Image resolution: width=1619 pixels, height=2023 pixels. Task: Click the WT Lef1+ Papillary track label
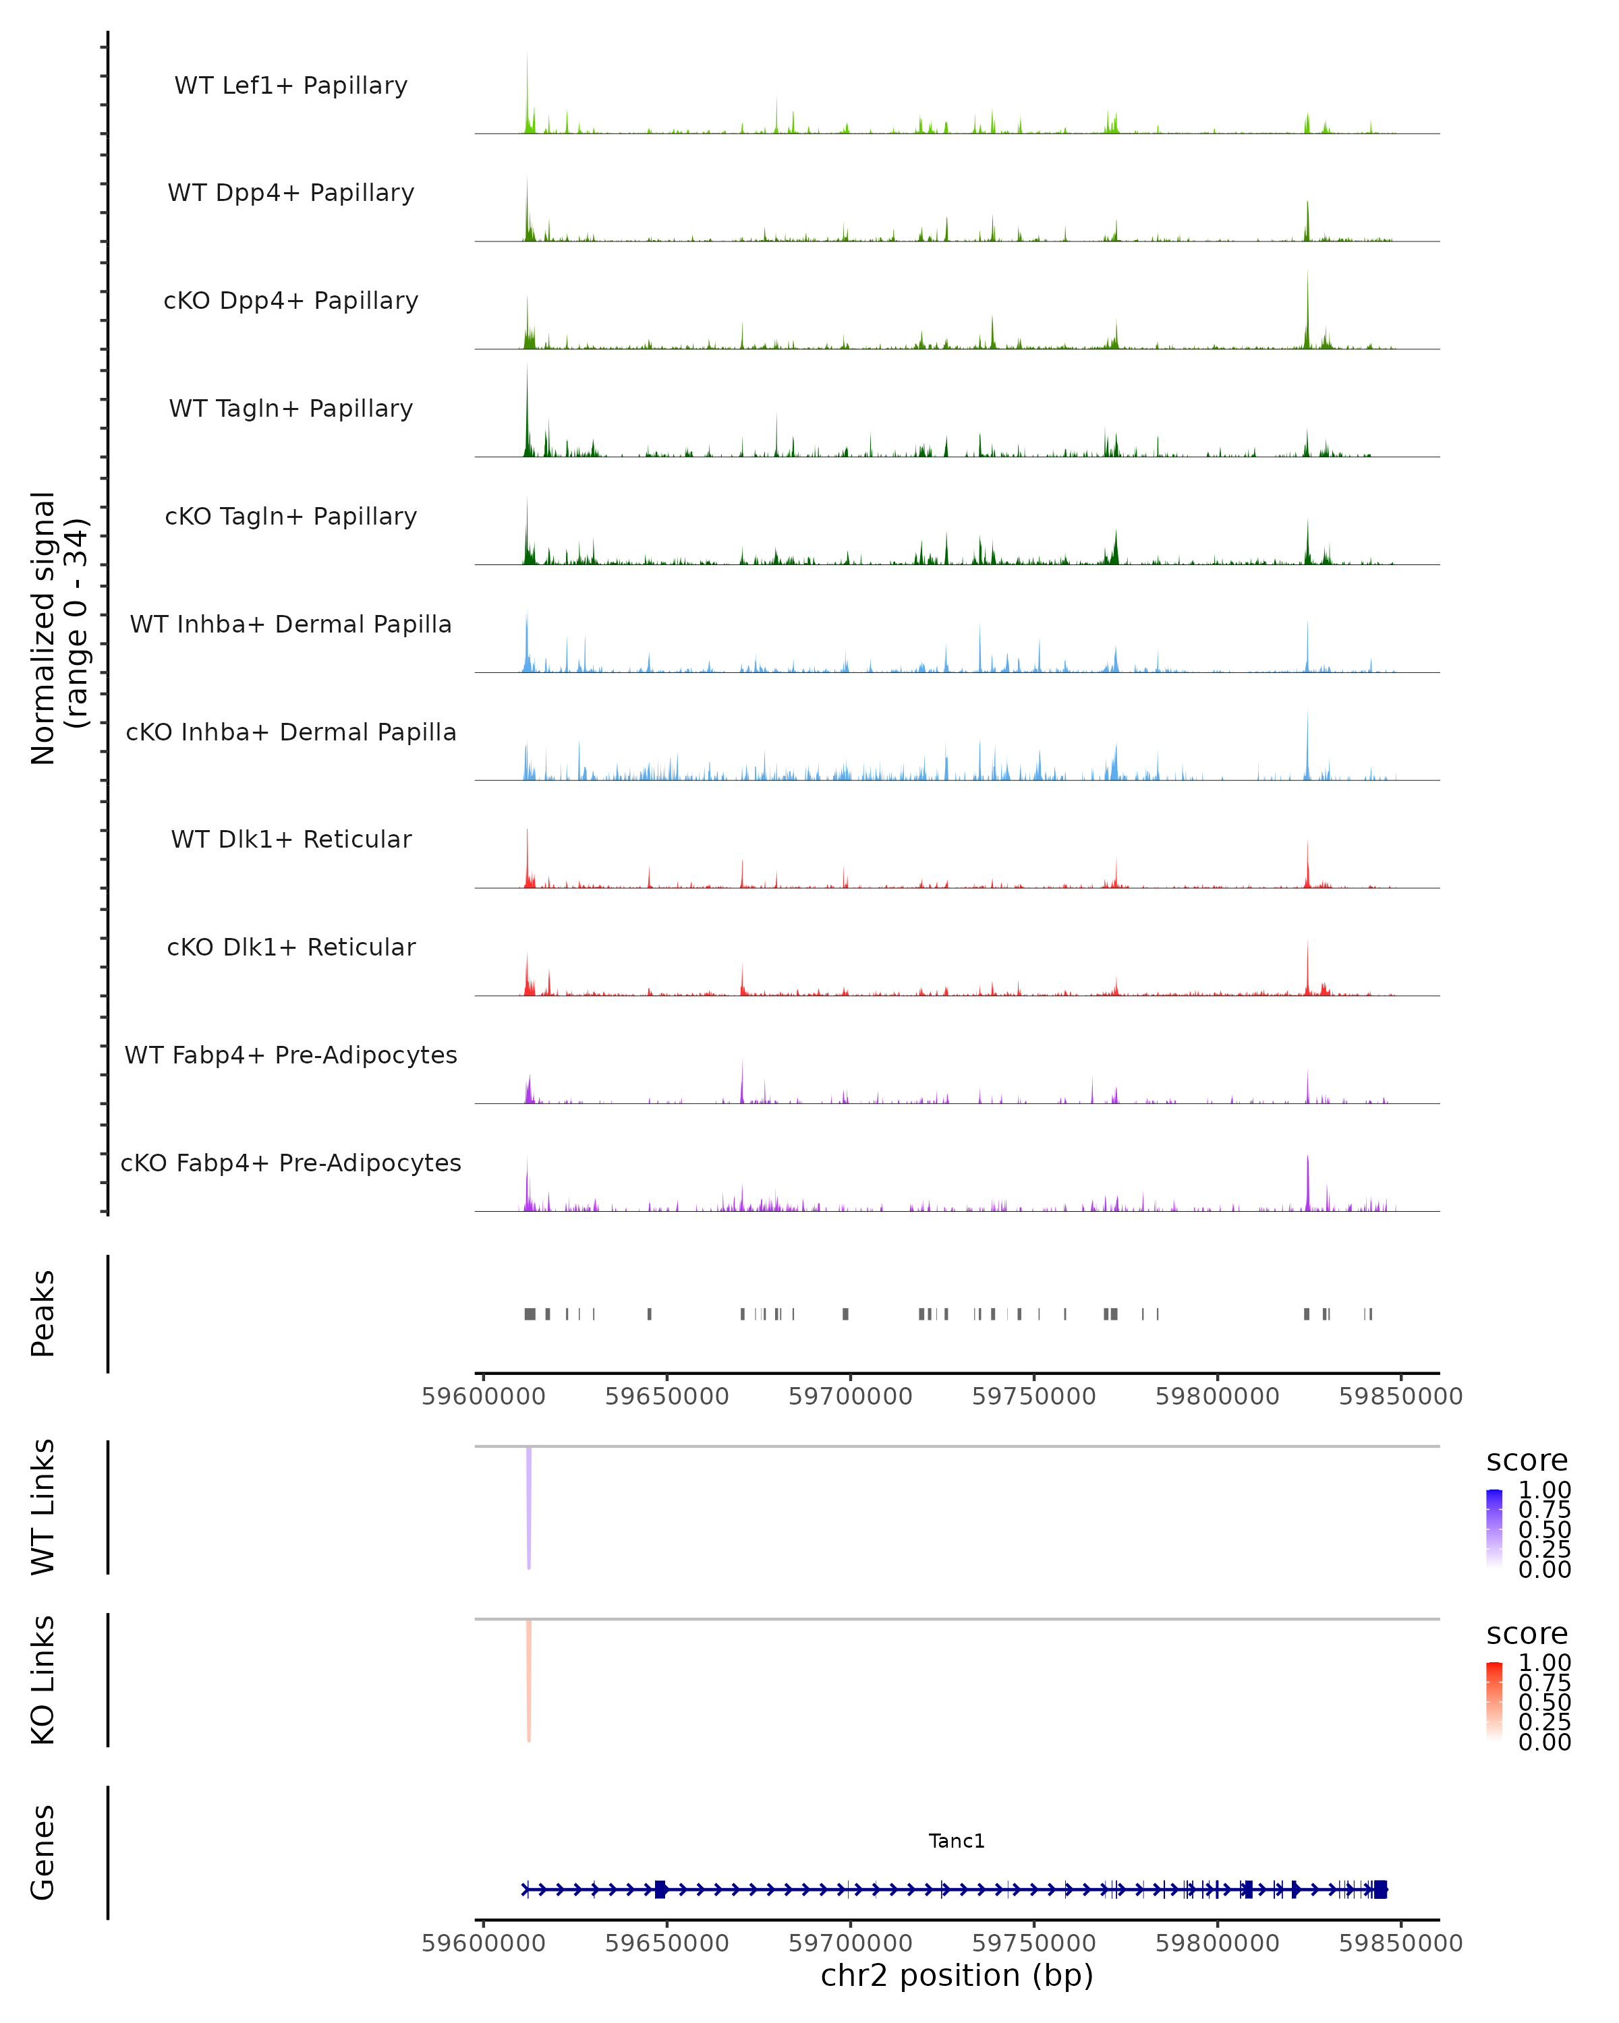(291, 86)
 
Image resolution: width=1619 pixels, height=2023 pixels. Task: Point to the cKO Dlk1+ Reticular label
(291, 947)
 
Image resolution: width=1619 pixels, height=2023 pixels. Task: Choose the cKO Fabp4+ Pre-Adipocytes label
(291, 1163)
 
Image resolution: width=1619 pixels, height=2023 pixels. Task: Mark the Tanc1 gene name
(957, 1841)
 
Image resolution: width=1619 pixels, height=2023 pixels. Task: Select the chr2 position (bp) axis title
(957, 1975)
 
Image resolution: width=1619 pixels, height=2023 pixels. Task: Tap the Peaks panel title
(43, 1314)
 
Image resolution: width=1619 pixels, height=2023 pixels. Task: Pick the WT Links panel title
(43, 1507)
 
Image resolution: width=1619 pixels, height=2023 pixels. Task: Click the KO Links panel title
(43, 1680)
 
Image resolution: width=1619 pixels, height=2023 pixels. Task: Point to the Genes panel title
(43, 1852)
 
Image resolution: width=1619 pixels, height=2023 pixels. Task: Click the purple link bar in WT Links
(530, 1508)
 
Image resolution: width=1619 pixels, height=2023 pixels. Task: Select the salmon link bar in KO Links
(530, 1680)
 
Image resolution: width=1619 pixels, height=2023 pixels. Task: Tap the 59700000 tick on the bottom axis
(851, 1943)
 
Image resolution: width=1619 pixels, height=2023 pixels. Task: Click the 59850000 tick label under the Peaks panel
(1400, 1397)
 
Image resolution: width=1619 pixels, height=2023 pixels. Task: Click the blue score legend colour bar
(1494, 1529)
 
